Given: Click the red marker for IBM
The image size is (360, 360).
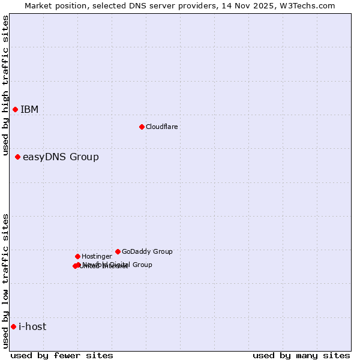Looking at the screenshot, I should tap(15, 109).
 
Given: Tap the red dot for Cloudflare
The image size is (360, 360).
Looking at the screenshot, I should tap(142, 127).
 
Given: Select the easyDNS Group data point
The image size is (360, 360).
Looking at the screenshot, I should tap(17, 157).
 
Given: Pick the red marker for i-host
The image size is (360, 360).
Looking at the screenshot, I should tap(13, 326).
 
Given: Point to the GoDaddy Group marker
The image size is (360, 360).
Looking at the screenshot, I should tap(118, 251).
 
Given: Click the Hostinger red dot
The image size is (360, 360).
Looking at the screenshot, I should tap(77, 256).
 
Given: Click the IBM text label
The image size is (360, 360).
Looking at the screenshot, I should tap(29, 109).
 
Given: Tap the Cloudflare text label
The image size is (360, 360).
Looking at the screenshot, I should tap(161, 127).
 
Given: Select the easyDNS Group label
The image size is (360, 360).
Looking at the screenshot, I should tap(61, 157).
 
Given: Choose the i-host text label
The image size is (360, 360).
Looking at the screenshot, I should tap(32, 326).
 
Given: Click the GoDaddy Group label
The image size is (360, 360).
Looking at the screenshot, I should tap(147, 251).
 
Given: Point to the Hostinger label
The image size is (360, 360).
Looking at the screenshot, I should tap(97, 256).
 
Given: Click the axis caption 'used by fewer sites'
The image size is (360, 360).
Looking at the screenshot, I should tap(62, 355).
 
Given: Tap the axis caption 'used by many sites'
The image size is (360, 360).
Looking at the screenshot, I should tap(301, 355).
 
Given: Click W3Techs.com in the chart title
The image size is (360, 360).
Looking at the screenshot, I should tap(308, 5).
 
